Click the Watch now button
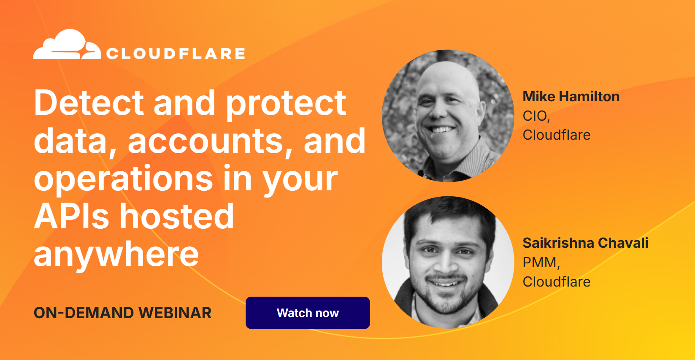click(x=308, y=313)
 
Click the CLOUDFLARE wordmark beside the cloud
click(x=176, y=54)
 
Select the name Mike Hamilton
click(x=571, y=97)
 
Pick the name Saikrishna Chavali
click(x=585, y=243)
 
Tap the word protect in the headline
click(x=286, y=103)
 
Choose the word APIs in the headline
click(x=72, y=216)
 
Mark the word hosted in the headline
click(x=177, y=216)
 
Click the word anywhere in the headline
click(x=116, y=254)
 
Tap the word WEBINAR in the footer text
click(x=175, y=313)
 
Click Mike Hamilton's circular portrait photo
click(x=448, y=116)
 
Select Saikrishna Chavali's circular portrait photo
click(x=448, y=263)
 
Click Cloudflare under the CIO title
click(x=556, y=135)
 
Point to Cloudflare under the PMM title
click(x=556, y=282)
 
